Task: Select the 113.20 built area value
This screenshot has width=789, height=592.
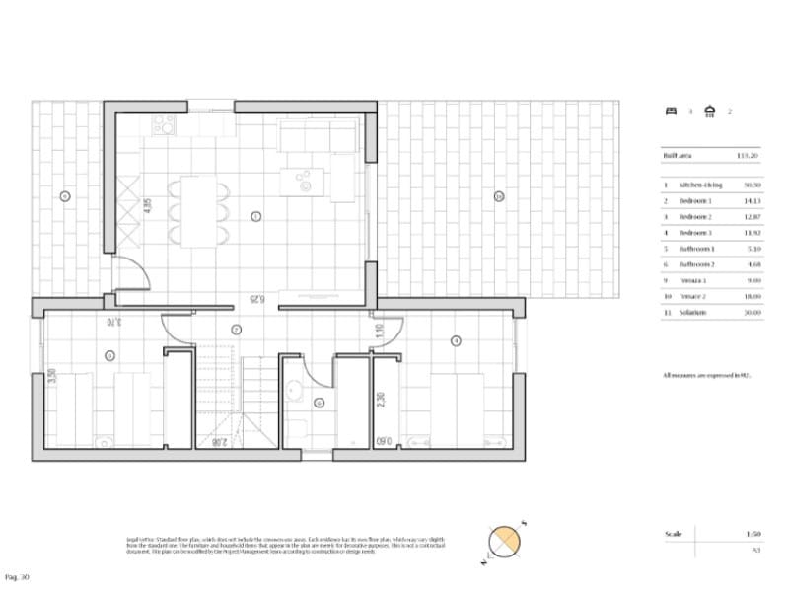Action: coord(747,155)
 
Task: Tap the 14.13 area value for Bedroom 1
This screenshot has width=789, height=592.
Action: coord(751,200)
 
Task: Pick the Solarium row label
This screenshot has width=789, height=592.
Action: coord(690,312)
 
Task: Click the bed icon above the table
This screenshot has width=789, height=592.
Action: coord(671,111)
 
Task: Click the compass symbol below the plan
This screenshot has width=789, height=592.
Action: coord(504,540)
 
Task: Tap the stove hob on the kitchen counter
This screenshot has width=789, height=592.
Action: coord(164,125)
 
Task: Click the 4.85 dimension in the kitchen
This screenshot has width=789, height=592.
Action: coord(148,206)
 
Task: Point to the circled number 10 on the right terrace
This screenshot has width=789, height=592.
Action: coord(499,196)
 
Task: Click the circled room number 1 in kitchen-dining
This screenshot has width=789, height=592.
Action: coord(255,215)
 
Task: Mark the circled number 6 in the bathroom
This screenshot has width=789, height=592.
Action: coord(319,402)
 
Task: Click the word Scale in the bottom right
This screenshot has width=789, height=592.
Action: coord(674,534)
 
